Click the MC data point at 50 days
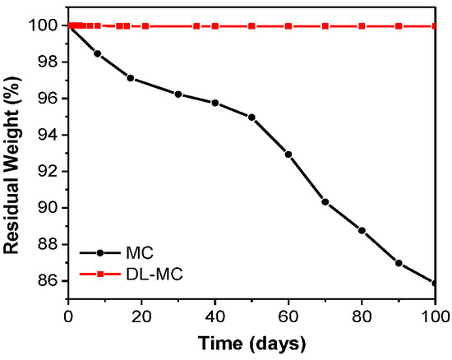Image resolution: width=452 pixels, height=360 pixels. pos(251,118)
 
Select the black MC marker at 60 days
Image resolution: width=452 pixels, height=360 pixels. pos(288,155)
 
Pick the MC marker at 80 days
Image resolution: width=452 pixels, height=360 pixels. pos(362,230)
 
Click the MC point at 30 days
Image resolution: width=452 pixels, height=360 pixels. pos(178,95)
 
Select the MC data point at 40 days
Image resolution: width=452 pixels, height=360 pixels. pos(215,103)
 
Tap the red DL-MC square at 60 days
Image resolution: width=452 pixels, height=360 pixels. pos(288,26)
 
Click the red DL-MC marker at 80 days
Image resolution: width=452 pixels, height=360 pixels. pos(362,26)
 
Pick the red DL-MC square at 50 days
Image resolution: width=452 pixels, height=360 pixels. pos(251,26)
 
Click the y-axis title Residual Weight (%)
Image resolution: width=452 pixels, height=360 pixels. pos(14,152)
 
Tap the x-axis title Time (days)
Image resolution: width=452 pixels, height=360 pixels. pos(251,341)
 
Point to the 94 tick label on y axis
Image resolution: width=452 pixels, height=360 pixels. pos(50,136)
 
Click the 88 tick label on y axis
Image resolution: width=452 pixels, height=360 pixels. pos(50,245)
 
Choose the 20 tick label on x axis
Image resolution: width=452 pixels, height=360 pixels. pos(141,316)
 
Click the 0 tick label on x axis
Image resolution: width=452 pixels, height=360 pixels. pos(68,316)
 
